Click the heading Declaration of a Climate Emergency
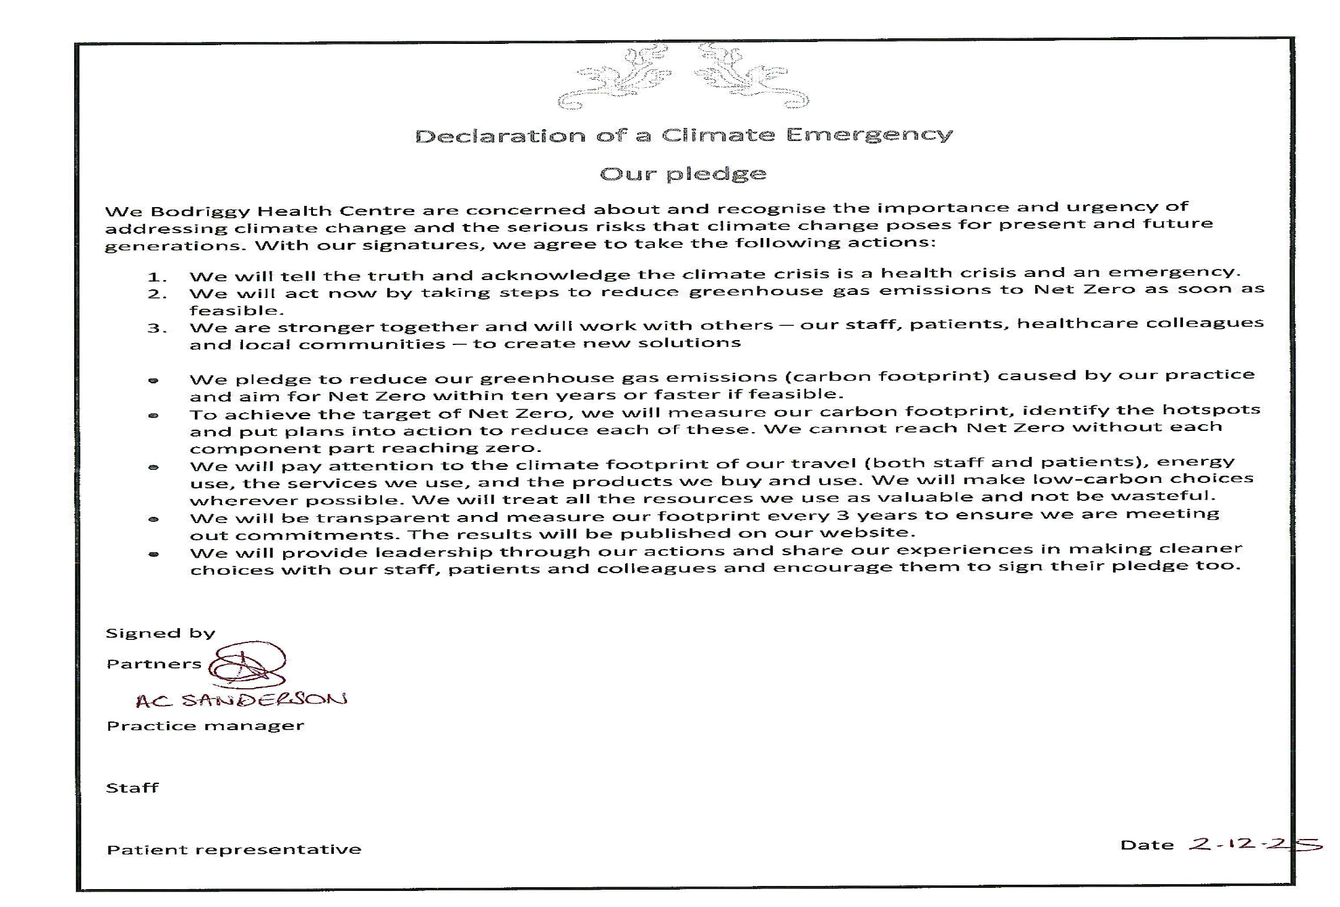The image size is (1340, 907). (683, 135)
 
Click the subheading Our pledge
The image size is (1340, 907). (683, 174)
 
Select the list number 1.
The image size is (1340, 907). (156, 277)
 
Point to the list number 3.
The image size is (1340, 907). (156, 328)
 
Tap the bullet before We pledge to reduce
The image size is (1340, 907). (153, 380)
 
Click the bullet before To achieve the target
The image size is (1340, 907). (153, 415)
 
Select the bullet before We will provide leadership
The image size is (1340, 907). (153, 554)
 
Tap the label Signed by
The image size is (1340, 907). (160, 633)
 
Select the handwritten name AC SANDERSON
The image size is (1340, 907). (241, 700)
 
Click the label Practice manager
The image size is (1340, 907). (205, 726)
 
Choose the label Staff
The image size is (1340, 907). (132, 788)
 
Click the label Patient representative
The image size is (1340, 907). (233, 850)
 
